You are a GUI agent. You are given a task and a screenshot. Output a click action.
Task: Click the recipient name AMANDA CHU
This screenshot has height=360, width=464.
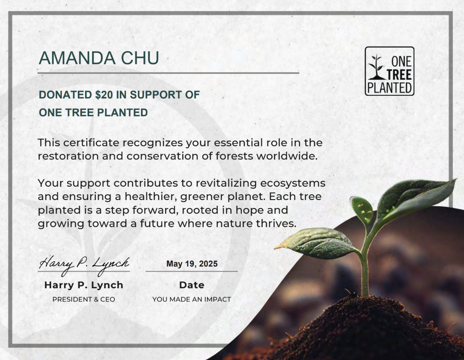tap(99, 58)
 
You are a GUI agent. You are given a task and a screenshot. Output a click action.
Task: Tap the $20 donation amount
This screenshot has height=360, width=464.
tap(104, 95)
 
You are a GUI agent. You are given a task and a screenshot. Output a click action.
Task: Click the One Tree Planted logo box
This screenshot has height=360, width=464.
tap(390, 71)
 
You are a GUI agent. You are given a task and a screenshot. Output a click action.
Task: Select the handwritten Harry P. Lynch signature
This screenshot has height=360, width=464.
tap(84, 264)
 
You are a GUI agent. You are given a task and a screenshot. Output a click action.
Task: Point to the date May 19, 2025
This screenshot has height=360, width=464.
tap(192, 264)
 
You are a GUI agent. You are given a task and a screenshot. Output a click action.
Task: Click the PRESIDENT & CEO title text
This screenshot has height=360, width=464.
tap(84, 299)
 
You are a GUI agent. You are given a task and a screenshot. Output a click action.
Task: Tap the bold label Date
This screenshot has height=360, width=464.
tap(192, 285)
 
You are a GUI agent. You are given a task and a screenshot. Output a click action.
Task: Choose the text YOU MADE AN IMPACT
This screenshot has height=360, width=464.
tap(192, 299)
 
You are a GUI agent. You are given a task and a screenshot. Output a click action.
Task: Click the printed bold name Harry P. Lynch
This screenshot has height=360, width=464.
tap(84, 285)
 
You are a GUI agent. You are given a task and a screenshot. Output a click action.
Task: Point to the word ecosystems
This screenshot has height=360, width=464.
tap(293, 183)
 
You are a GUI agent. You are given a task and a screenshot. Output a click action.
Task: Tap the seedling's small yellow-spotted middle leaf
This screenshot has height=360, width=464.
tap(362, 209)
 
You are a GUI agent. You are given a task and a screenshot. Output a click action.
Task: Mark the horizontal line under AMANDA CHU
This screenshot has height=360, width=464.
tap(168, 73)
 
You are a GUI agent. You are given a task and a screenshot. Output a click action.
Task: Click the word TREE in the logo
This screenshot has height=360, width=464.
tap(399, 75)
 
